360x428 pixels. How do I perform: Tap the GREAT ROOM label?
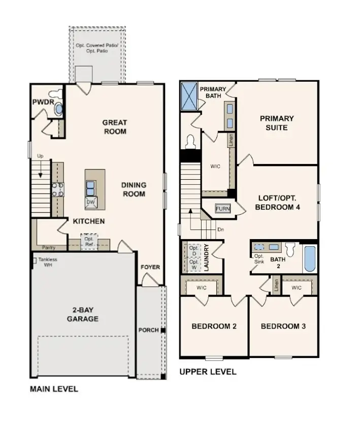coord(115,127)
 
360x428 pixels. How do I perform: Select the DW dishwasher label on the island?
coord(91,203)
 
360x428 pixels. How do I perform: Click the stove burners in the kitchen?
coord(57,189)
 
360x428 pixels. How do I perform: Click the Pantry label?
coord(49,248)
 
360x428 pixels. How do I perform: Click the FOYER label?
coord(150,268)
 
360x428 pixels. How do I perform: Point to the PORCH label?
coord(149,331)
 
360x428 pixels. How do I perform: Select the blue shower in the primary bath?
coord(189,95)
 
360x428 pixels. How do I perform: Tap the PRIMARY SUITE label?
coord(277,123)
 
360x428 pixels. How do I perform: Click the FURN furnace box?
coord(222,209)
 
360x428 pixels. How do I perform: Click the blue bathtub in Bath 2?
coord(310,259)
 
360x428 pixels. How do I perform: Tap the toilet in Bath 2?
coord(291,250)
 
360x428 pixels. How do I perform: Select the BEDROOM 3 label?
coord(283,326)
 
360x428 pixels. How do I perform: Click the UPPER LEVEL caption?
coord(208,372)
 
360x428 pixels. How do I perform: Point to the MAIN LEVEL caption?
coord(54,389)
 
